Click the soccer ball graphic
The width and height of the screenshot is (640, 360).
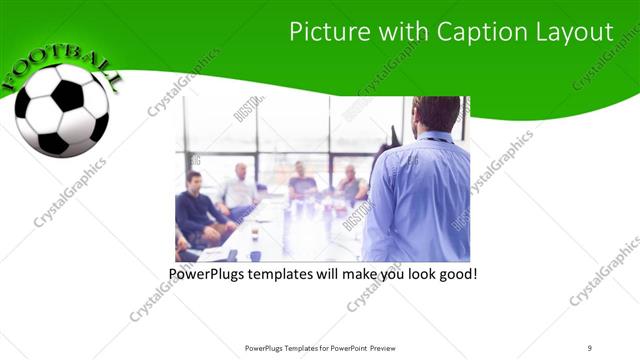(x=62, y=110)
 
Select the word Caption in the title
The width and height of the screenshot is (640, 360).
(x=468, y=32)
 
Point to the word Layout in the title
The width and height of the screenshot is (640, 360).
(x=569, y=32)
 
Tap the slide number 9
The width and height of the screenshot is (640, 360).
(x=590, y=347)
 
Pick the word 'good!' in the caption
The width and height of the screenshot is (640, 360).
(x=456, y=273)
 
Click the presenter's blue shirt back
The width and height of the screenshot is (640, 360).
(x=420, y=200)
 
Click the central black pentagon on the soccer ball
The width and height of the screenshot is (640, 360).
(x=68, y=97)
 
